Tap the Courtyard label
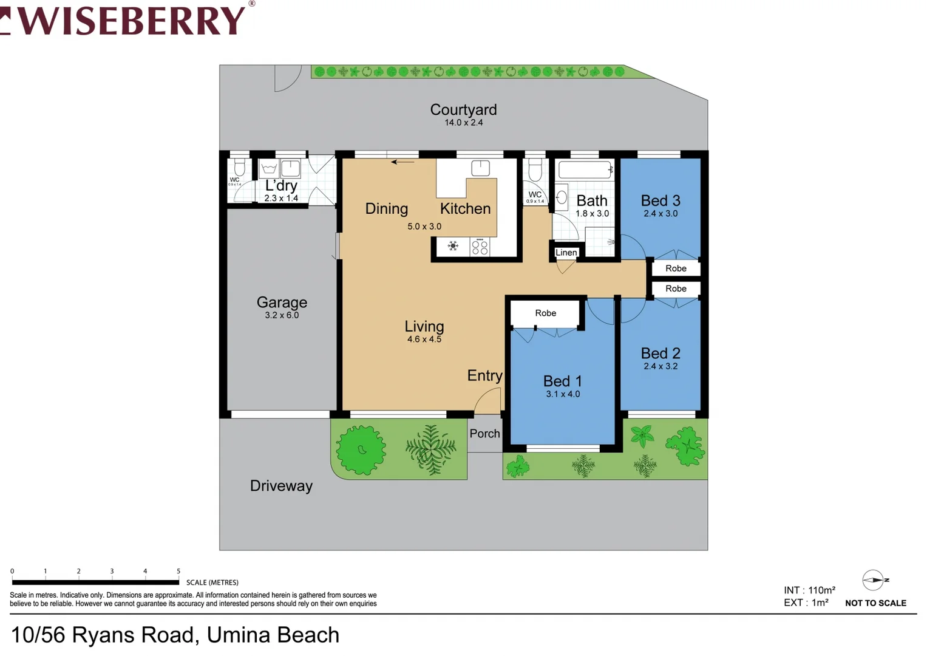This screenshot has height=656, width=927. tap(463, 109)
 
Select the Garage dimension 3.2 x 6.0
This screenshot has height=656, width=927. tap(282, 315)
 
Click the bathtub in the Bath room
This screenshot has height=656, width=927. tap(585, 169)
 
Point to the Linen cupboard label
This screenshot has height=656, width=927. tap(566, 253)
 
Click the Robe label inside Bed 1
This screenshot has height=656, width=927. tap(545, 313)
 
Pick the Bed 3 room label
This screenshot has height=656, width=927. tap(660, 200)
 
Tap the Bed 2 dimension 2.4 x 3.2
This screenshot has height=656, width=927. tap(660, 366)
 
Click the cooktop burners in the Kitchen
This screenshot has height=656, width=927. tap(480, 247)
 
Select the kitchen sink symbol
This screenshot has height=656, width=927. tap(480, 168)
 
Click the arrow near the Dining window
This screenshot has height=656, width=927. tap(402, 162)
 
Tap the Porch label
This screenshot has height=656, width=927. tap(484, 433)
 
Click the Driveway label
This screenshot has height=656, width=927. tap(281, 486)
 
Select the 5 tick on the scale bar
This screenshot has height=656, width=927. tap(178, 572)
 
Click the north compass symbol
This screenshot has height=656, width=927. tap(873, 580)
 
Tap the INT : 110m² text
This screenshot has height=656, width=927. tap(809, 590)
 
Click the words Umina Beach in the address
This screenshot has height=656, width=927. tap(273, 635)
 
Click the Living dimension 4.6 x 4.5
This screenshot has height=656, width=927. tap(424, 340)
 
